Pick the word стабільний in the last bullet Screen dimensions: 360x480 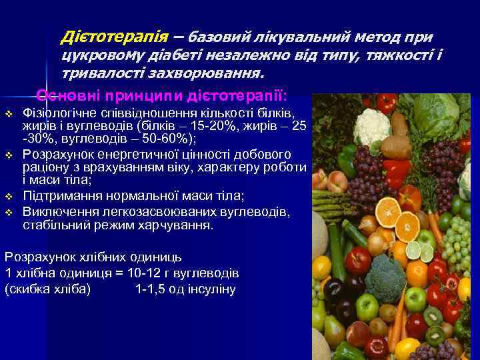52,225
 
